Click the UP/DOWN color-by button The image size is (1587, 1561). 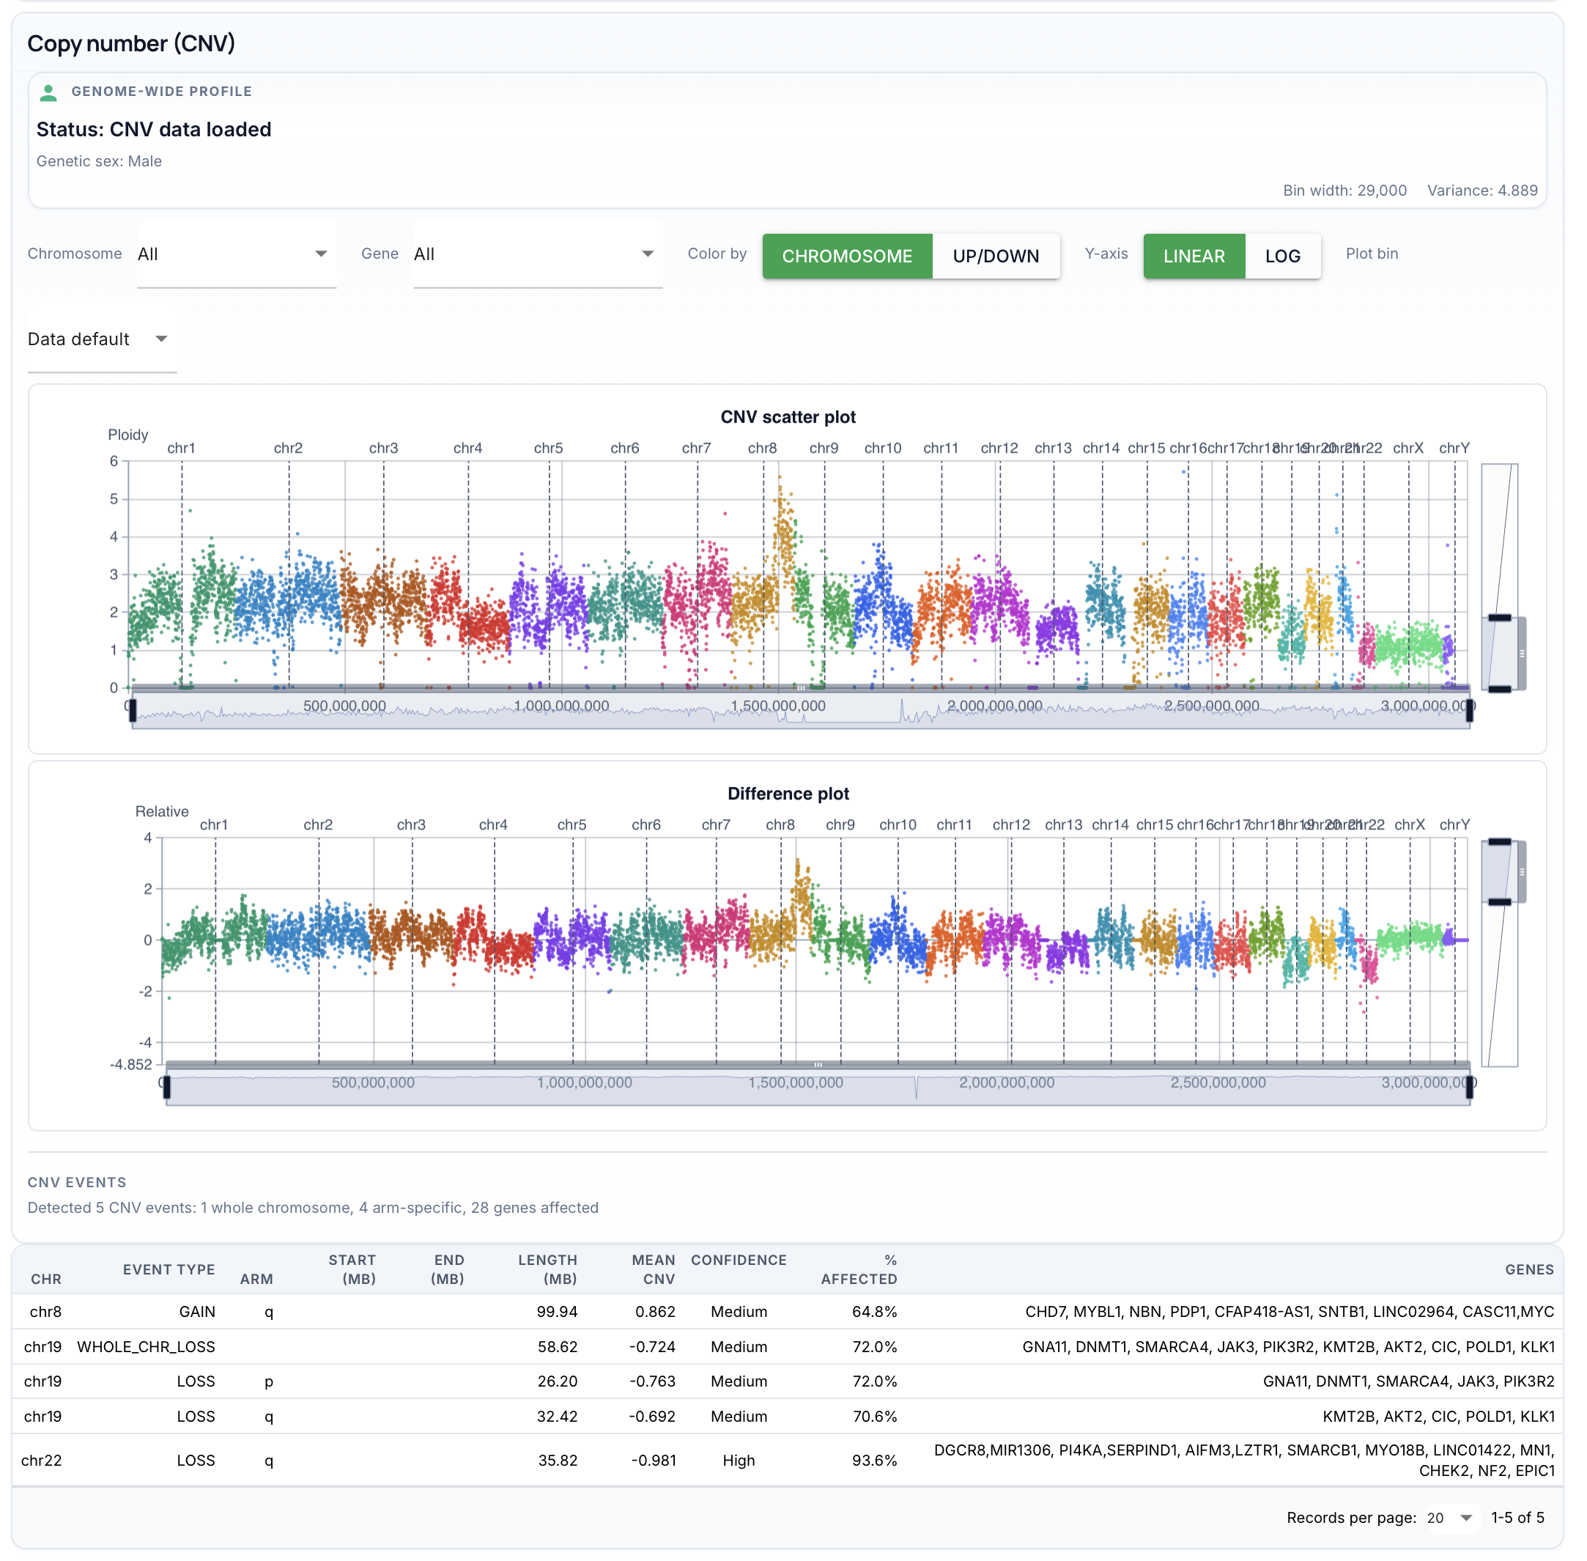(995, 256)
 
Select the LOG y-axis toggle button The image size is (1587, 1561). (1282, 256)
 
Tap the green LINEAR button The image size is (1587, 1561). (1194, 256)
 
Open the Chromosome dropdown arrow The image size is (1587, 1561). (320, 254)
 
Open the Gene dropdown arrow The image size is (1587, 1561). (648, 254)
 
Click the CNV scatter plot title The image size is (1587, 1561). (788, 416)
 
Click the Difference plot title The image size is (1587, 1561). (788, 794)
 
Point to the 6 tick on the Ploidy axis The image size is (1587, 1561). (114, 461)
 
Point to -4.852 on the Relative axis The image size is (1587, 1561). (131, 1064)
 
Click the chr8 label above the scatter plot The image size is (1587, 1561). (761, 448)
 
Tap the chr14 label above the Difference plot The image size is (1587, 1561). (1110, 824)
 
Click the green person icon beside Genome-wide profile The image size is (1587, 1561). (48, 92)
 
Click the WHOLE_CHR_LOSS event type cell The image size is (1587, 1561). (146, 1346)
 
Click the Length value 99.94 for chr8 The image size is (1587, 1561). (557, 1311)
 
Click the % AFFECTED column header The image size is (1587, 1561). (859, 1269)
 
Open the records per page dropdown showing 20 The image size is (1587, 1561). (1449, 1518)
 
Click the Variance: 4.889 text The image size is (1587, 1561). (1481, 191)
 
